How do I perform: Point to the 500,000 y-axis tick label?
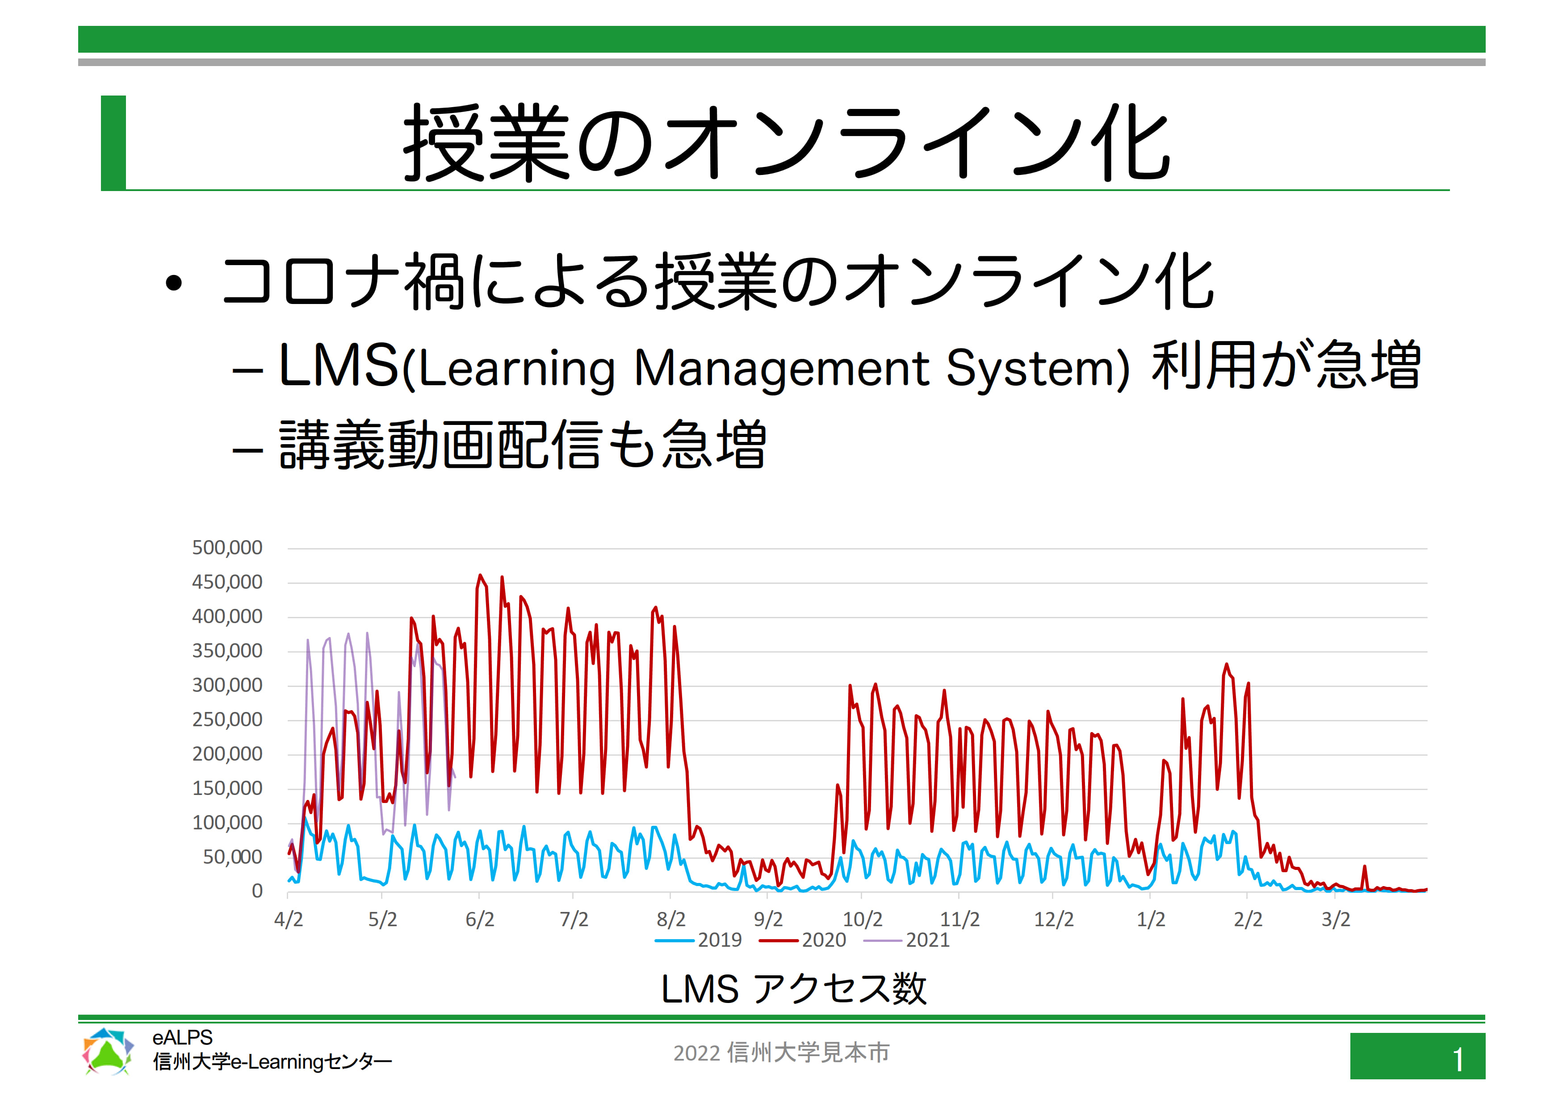(227, 548)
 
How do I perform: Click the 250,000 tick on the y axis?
(227, 720)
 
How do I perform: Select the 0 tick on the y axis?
(257, 891)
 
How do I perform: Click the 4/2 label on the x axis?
(288, 920)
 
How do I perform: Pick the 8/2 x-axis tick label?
(671, 920)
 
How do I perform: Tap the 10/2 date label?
(863, 920)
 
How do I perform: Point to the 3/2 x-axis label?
(1336, 920)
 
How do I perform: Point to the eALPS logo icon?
(108, 1051)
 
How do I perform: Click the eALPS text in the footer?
(182, 1037)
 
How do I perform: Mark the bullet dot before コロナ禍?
(174, 283)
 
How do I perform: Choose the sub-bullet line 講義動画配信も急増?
(523, 445)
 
